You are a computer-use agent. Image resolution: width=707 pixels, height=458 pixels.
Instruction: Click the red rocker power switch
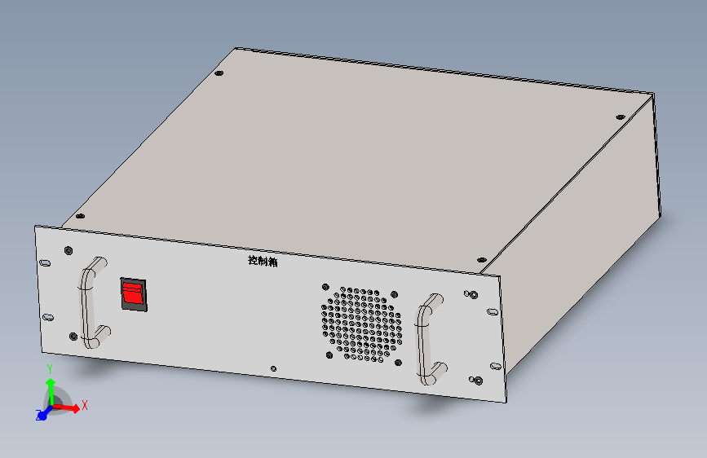(134, 294)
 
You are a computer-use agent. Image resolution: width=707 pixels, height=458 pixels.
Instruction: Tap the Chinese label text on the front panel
(263, 261)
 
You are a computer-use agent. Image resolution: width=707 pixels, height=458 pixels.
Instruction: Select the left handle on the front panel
(94, 303)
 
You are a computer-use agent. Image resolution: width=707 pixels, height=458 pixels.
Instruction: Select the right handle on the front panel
(430, 340)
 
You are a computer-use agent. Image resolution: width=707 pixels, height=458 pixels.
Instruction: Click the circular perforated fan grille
(361, 324)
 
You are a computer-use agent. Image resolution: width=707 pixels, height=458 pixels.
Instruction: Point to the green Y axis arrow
(51, 391)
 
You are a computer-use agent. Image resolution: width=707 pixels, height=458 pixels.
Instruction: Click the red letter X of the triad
(84, 405)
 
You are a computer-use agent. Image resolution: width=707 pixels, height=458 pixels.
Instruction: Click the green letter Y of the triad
(50, 369)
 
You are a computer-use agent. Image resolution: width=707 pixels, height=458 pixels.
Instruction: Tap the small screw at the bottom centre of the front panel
(273, 368)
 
